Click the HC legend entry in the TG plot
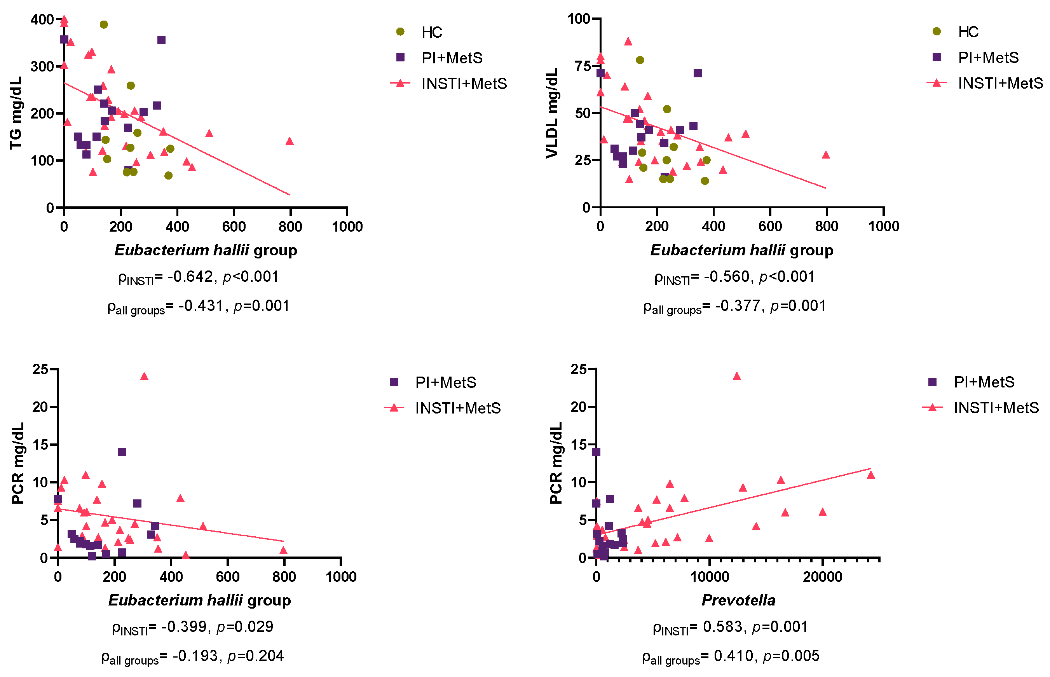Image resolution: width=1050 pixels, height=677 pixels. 431,32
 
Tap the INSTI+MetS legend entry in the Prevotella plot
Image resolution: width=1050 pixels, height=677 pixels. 996,408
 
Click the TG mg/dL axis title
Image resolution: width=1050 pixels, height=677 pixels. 16,113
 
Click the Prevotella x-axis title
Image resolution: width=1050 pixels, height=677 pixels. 738,600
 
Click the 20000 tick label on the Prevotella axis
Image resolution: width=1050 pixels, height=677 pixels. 822,577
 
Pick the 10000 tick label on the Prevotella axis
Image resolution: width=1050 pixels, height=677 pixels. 709,577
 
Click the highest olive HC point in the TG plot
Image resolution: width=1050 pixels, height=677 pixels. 104,24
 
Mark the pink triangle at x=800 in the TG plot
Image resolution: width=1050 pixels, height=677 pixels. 289,141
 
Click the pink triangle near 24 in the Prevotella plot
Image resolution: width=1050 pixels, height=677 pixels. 737,376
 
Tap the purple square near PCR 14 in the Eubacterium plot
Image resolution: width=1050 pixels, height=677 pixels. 122,452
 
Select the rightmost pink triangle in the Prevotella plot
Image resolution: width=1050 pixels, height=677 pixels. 871,475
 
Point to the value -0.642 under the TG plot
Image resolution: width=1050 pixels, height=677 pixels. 190,277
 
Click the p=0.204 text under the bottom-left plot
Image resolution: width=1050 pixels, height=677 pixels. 255,656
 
